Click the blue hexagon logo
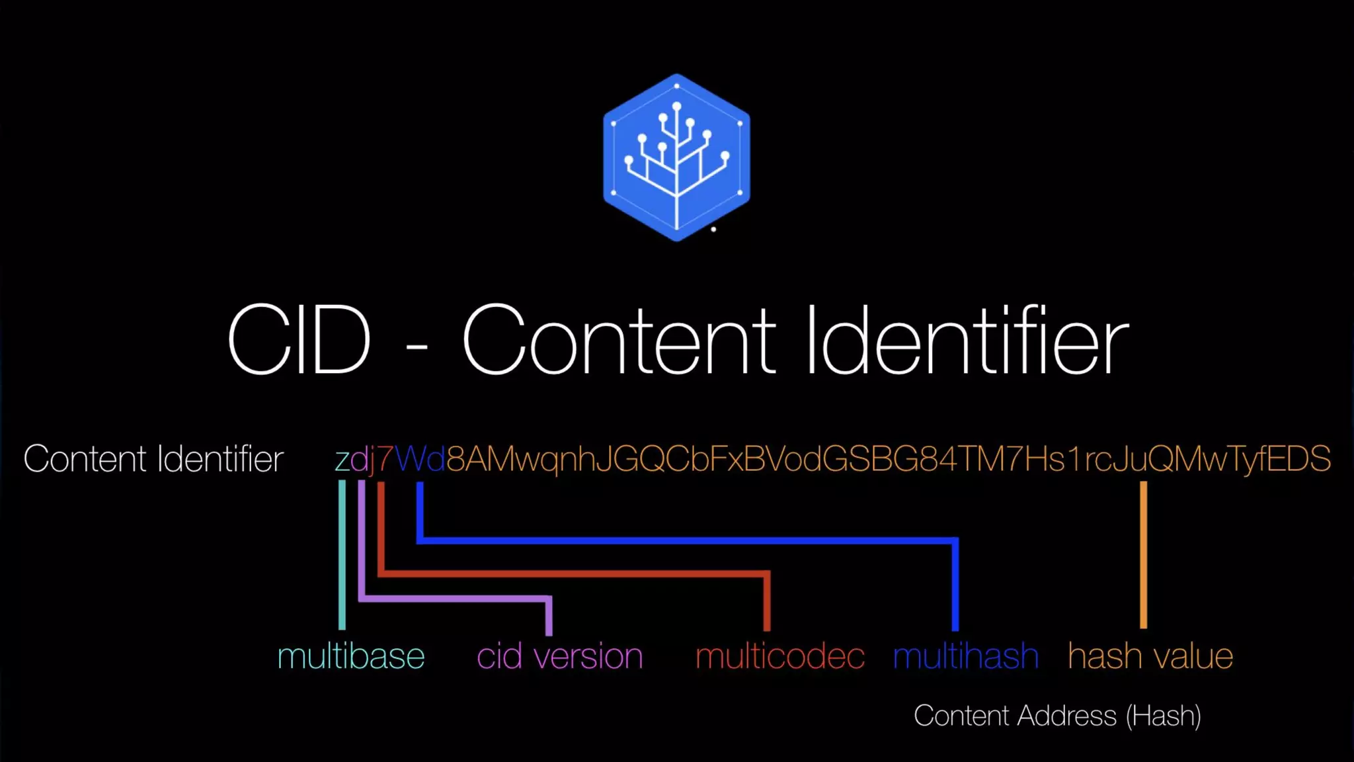(x=676, y=157)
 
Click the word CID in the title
(x=299, y=340)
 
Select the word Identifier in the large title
(x=967, y=340)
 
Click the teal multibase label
(x=350, y=656)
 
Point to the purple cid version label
(x=559, y=656)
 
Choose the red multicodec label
(x=779, y=656)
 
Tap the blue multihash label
(x=965, y=656)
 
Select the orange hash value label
(x=1150, y=656)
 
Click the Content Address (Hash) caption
(x=1056, y=716)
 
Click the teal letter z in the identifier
(x=342, y=460)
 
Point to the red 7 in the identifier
(x=384, y=458)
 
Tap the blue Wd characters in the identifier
(x=420, y=458)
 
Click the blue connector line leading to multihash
(x=688, y=540)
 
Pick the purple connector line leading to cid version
(x=456, y=599)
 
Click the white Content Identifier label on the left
(x=153, y=458)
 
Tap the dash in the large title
(x=417, y=346)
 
